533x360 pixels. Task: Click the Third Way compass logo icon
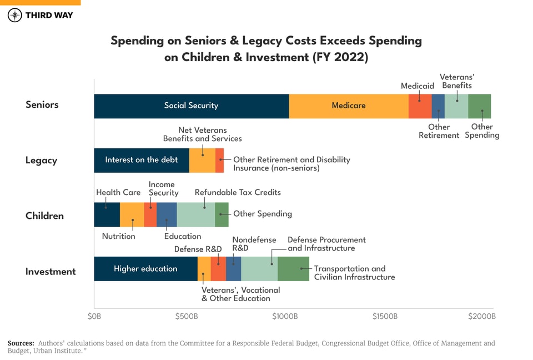coord(15,15)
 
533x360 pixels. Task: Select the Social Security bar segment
coord(191,106)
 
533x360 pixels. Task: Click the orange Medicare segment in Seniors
coord(348,106)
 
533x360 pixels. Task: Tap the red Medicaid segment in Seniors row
coord(420,106)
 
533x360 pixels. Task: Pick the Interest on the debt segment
coord(141,160)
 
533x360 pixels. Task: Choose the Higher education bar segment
coord(145,269)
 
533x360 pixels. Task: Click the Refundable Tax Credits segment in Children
coord(195,214)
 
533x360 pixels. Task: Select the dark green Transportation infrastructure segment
coord(293,269)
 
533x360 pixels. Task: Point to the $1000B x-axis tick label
coord(285,317)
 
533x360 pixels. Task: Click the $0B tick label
coord(94,317)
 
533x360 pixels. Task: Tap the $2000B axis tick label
coord(481,317)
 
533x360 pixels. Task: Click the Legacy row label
coord(41,161)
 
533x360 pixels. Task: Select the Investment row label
coord(51,272)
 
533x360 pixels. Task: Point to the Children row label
coord(44,216)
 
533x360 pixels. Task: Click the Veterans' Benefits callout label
coord(456,81)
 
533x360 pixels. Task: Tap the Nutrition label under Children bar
coord(118,236)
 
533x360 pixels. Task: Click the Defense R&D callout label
coord(198,249)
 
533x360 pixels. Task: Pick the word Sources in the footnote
coord(21,343)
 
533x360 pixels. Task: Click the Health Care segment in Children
coord(107,214)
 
